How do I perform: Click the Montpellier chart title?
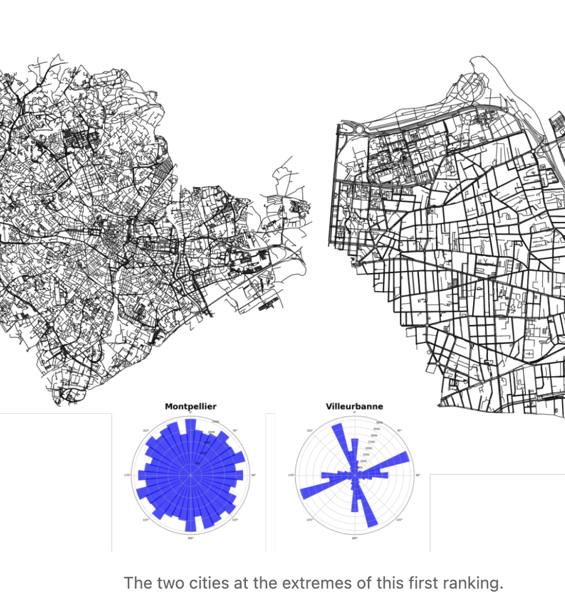[190, 406]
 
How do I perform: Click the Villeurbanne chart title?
[354, 406]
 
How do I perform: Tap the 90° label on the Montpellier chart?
[254, 475]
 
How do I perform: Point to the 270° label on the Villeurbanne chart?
[291, 475]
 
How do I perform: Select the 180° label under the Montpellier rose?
[190, 538]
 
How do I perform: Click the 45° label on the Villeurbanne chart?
[399, 431]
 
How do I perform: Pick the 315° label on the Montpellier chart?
[145, 431]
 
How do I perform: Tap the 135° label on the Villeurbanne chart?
[399, 520]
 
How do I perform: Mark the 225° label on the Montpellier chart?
[145, 520]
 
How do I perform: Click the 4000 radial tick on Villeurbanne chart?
[380, 423]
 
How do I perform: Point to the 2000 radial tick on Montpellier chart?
[210, 432]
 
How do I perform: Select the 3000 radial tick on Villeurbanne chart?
[374, 436]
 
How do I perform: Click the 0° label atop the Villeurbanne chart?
[354, 412]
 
